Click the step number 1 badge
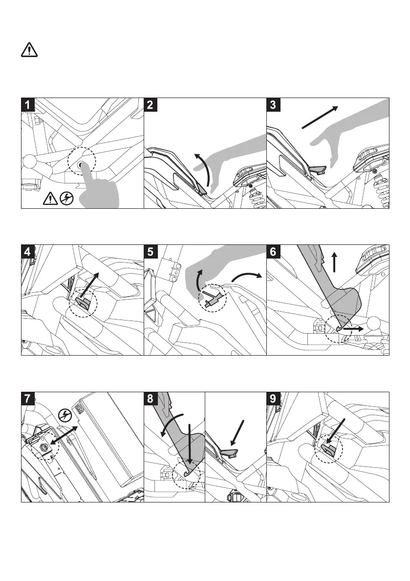click(29, 105)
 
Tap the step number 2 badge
click(151, 105)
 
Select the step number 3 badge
click(274, 105)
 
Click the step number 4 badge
click(29, 252)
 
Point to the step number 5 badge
click(151, 252)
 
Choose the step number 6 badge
click(274, 252)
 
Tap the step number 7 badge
click(29, 399)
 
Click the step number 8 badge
click(151, 399)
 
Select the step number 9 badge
click(274, 399)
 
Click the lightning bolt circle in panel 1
click(65, 198)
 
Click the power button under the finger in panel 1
click(79, 165)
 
